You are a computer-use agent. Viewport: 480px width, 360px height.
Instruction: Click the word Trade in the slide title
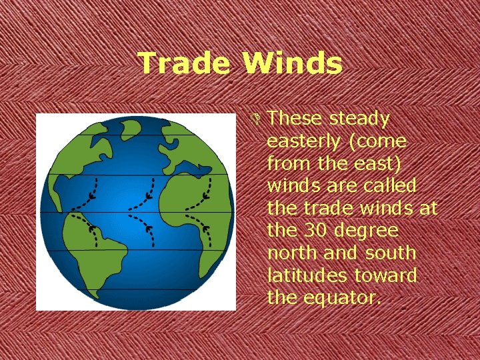(x=184, y=64)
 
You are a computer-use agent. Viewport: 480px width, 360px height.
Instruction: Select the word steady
(x=360, y=119)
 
